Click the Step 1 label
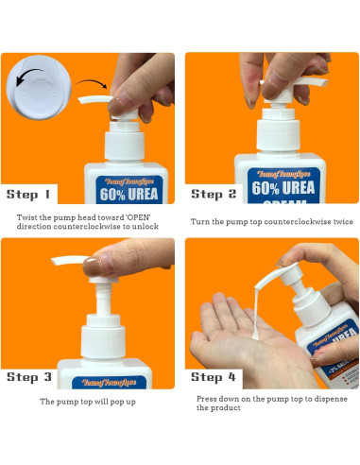click(29, 195)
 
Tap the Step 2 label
click(220, 194)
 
